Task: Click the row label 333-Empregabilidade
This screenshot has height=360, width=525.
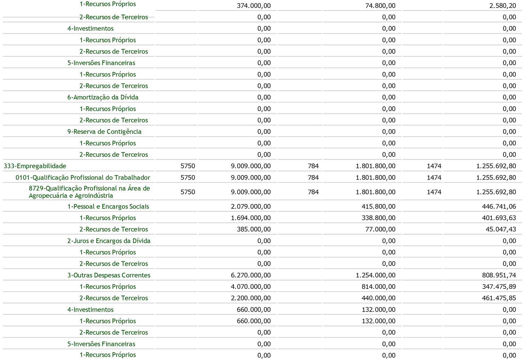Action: (x=35, y=166)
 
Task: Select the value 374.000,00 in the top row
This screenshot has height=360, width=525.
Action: (x=253, y=6)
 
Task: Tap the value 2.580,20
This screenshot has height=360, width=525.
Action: (x=503, y=6)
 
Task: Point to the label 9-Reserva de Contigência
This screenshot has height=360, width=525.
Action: (x=104, y=132)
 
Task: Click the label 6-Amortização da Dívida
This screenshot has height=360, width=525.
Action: (x=103, y=97)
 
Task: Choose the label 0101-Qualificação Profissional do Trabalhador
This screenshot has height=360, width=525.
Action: (x=83, y=178)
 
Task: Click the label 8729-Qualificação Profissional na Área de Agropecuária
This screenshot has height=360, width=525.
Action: (x=89, y=192)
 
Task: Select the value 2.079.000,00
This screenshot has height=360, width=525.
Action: (x=250, y=207)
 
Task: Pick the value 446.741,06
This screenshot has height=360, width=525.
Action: (x=499, y=207)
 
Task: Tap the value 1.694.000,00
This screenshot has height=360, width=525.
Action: (x=250, y=218)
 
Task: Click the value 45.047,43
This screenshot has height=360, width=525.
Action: (x=501, y=229)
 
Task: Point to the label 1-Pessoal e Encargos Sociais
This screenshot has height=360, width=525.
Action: (x=108, y=207)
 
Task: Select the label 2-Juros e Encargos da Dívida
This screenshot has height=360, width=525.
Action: (x=109, y=241)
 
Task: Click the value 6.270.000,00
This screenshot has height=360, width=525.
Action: (x=250, y=275)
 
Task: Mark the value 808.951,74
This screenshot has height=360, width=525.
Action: (x=499, y=275)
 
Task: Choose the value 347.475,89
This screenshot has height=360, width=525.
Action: (x=499, y=287)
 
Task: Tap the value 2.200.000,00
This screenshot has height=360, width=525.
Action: (x=250, y=298)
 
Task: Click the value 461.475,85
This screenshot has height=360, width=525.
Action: (x=499, y=298)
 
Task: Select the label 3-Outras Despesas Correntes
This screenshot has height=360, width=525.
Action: (x=109, y=275)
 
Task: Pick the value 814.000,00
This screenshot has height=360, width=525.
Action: (x=378, y=287)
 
